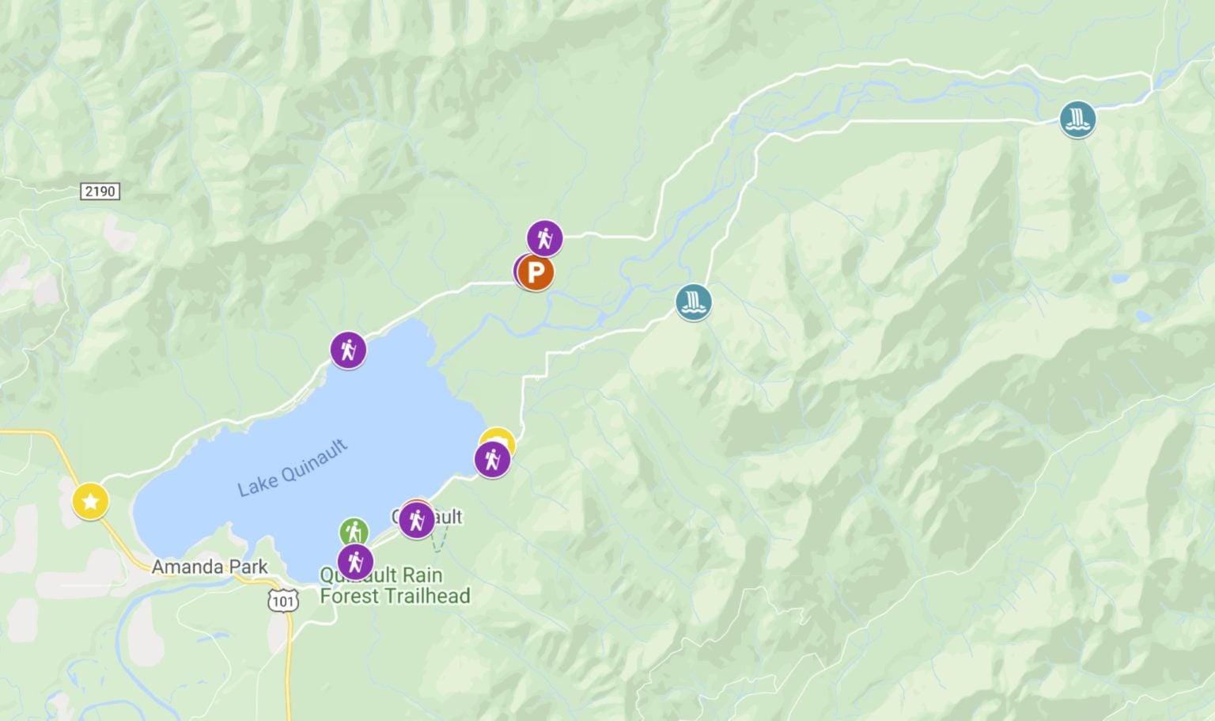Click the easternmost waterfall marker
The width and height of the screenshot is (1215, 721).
click(1077, 120)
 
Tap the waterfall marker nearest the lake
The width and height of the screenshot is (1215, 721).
click(693, 302)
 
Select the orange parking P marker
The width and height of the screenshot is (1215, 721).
click(536, 273)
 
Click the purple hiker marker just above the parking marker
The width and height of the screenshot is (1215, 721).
click(544, 237)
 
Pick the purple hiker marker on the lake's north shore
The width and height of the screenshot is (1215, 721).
click(348, 350)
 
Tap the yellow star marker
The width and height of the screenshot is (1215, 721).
click(90, 501)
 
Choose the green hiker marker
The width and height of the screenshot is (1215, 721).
click(354, 532)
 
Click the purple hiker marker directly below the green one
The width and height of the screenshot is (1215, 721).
click(355, 561)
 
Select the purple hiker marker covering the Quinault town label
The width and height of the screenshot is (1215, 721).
click(416, 520)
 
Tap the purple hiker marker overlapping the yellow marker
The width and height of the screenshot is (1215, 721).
click(492, 459)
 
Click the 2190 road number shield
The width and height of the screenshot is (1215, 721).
click(100, 191)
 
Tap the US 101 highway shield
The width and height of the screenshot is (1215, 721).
click(282, 601)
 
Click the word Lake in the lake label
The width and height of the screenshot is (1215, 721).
click(258, 483)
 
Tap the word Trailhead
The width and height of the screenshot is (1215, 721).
click(432, 596)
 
